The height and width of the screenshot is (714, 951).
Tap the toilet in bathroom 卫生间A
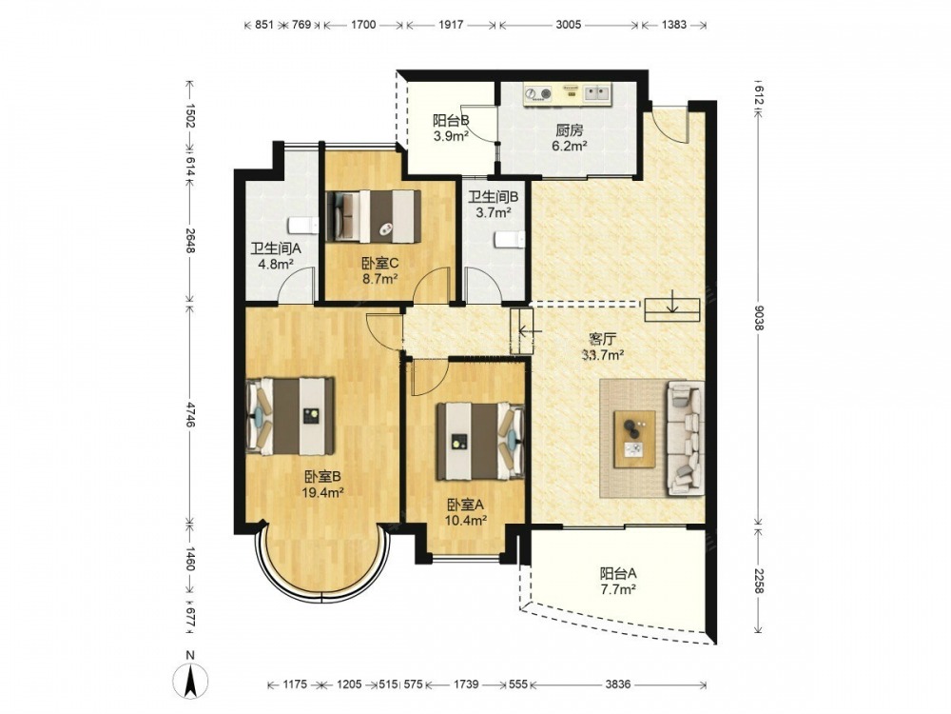303,226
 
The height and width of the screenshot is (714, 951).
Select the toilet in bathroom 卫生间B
509,240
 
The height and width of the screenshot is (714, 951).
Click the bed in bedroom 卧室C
374,217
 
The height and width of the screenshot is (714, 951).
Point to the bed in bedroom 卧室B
290,416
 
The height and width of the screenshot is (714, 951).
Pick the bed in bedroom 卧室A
480,441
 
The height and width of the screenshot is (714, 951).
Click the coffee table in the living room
634,439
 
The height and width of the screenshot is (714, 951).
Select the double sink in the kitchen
597,93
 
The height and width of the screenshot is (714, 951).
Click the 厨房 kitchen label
570,129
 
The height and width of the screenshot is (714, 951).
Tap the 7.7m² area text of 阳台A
617,588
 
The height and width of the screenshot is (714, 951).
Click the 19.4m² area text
322,492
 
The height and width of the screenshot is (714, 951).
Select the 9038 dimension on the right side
758,317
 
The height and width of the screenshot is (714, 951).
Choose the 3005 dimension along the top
569,25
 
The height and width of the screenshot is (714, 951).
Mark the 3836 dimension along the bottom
617,684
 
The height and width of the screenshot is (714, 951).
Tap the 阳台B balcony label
451,120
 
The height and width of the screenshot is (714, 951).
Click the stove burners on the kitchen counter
538,93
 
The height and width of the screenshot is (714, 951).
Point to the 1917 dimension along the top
451,25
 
